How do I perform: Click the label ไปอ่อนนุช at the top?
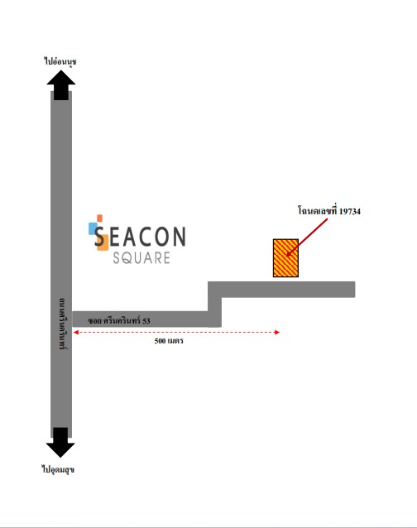(x=60, y=61)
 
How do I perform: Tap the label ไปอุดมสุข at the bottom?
(x=58, y=469)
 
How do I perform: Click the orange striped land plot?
(x=285, y=258)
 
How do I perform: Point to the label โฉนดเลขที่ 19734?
(x=328, y=211)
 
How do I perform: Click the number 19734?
(x=350, y=212)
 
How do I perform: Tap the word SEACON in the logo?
(x=140, y=236)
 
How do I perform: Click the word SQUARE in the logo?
(x=141, y=258)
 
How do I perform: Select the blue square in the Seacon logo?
(x=93, y=228)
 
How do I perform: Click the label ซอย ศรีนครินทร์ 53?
(x=119, y=320)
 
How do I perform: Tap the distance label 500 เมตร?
(x=169, y=341)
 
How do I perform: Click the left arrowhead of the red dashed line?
(x=76, y=333)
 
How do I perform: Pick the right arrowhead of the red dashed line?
(x=277, y=333)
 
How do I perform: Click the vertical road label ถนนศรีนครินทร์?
(x=62, y=324)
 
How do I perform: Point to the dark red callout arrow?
(x=307, y=237)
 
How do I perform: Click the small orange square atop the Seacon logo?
(x=99, y=218)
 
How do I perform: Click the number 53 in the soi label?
(x=146, y=321)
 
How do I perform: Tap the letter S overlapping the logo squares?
(x=99, y=237)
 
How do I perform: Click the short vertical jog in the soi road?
(x=215, y=305)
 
